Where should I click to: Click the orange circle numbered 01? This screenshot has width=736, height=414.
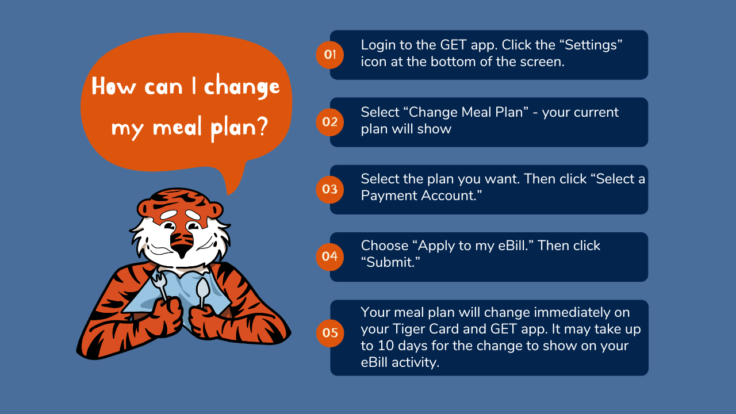point(330,55)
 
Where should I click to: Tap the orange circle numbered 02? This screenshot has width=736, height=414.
point(330,122)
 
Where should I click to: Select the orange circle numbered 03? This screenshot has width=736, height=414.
point(330,190)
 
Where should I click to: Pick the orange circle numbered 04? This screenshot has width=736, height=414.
point(330,256)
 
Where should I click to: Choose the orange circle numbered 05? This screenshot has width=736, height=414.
point(330,333)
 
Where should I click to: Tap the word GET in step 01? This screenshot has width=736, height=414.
point(453,45)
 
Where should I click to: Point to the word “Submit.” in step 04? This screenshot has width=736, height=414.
point(390,263)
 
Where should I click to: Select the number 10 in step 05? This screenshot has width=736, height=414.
point(385,346)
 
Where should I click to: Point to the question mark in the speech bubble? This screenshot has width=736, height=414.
point(262,127)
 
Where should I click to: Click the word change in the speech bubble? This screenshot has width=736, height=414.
point(242,86)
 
